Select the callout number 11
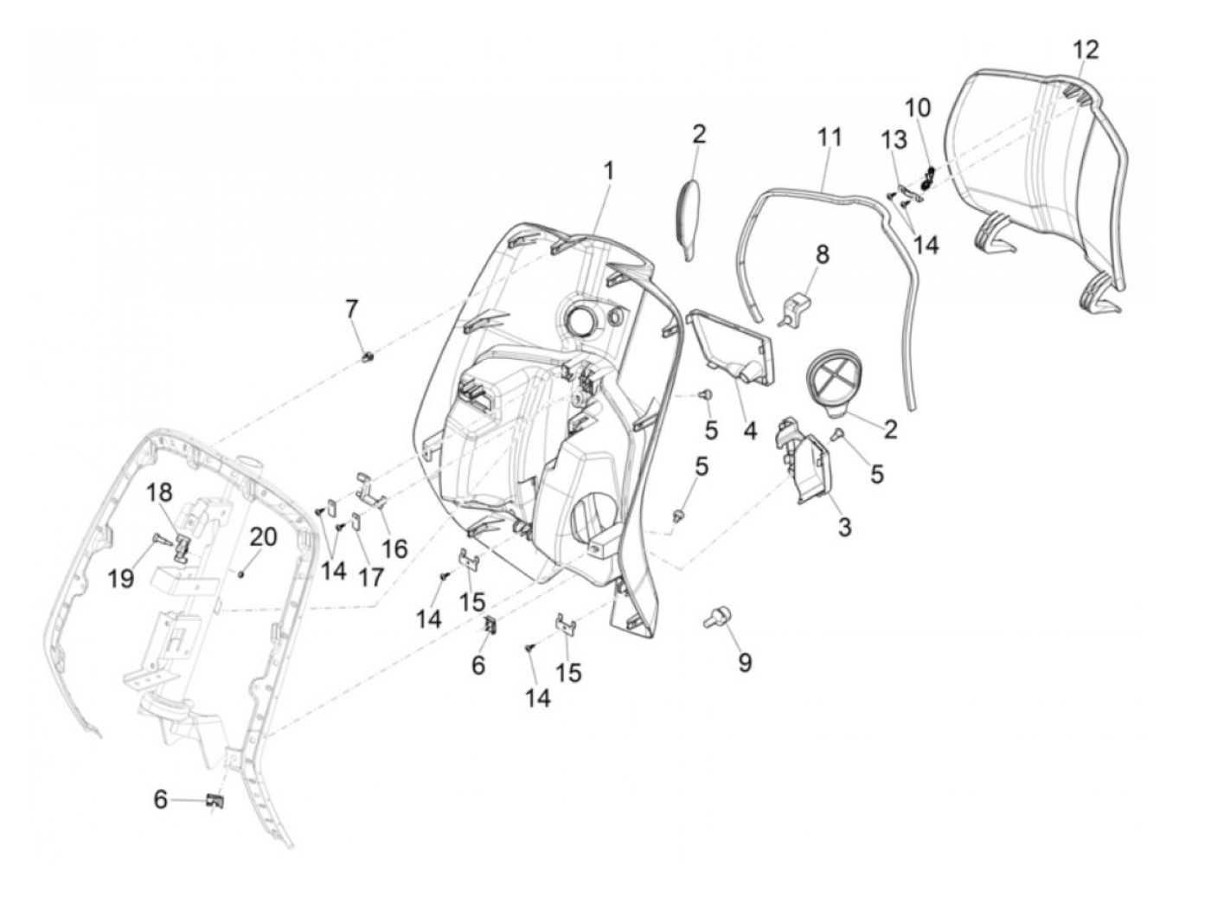click(x=829, y=137)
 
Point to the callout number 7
click(x=351, y=309)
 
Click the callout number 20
click(x=263, y=537)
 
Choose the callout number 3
click(x=843, y=527)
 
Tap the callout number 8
click(x=821, y=254)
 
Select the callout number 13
click(x=894, y=140)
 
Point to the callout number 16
click(x=394, y=548)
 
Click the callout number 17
click(x=370, y=578)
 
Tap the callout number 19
click(x=122, y=578)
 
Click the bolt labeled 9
click(x=716, y=617)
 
